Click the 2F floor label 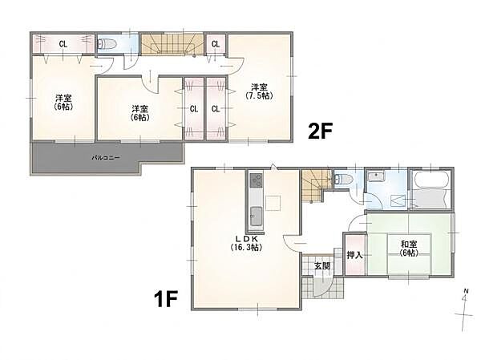321,131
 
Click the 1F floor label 166,298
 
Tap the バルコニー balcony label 107,158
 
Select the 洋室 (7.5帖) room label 259,91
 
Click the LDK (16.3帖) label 246,243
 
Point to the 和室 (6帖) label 409,249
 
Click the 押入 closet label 355,254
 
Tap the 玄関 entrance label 321,265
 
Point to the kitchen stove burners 256,180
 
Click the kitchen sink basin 257,216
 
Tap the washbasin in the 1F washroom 374,176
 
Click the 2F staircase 172,45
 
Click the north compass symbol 466,310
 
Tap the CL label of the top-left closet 63,44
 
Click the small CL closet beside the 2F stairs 216,44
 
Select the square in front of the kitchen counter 273,203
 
